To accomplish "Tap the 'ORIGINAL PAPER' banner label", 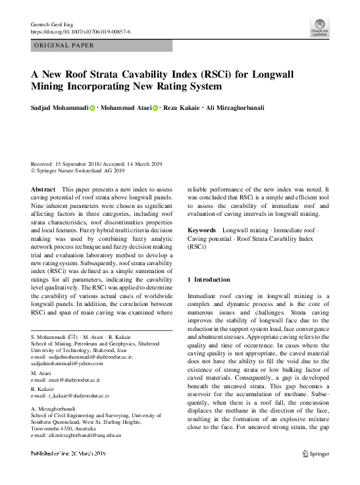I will coord(64,45).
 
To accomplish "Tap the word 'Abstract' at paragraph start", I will coord(43,190).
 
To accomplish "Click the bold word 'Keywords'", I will coord(202,230).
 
